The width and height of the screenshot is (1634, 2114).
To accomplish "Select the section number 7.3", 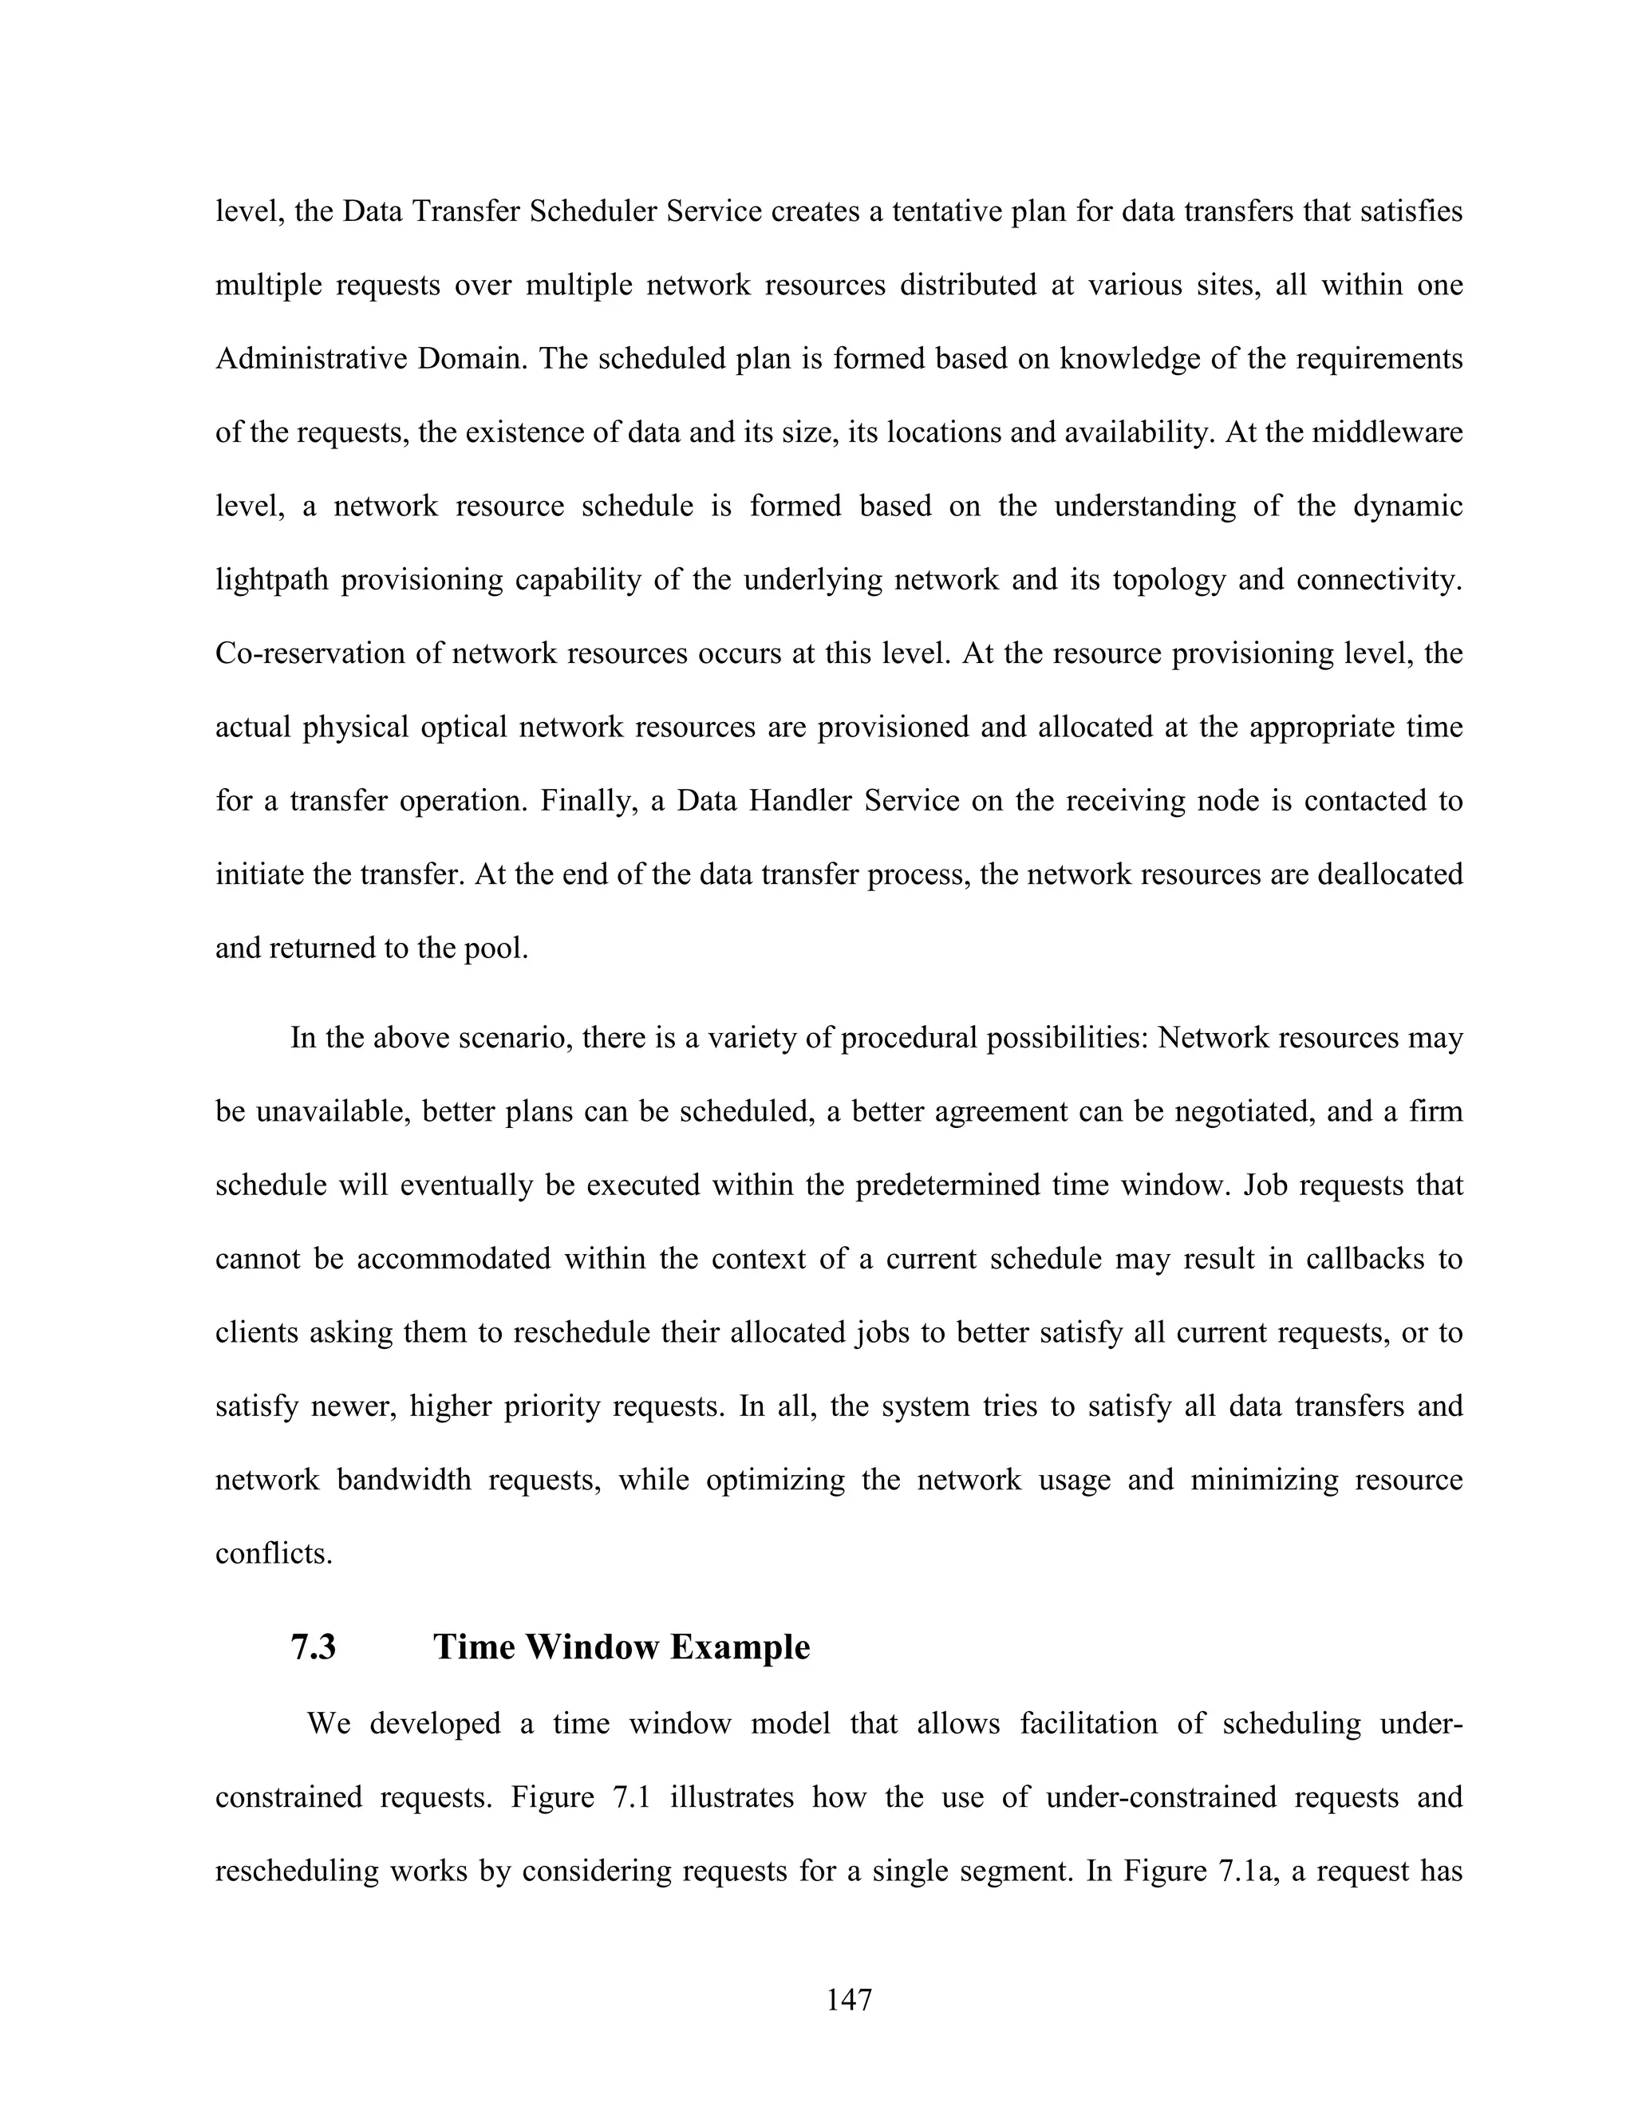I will (313, 1647).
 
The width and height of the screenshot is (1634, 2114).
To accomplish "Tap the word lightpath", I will (271, 580).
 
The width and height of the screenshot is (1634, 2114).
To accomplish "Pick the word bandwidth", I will (404, 1479).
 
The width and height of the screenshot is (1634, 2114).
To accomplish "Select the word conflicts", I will (273, 1552).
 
